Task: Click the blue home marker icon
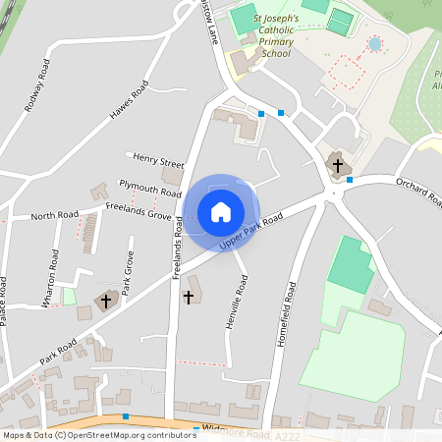click(x=220, y=211)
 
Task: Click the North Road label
click(x=54, y=215)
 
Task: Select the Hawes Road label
click(x=129, y=101)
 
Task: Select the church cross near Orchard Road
click(x=338, y=166)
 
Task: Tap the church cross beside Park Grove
click(x=107, y=300)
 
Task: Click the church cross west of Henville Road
click(x=190, y=295)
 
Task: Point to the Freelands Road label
click(x=179, y=247)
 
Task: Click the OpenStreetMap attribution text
click(x=99, y=434)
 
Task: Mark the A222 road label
click(x=286, y=434)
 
